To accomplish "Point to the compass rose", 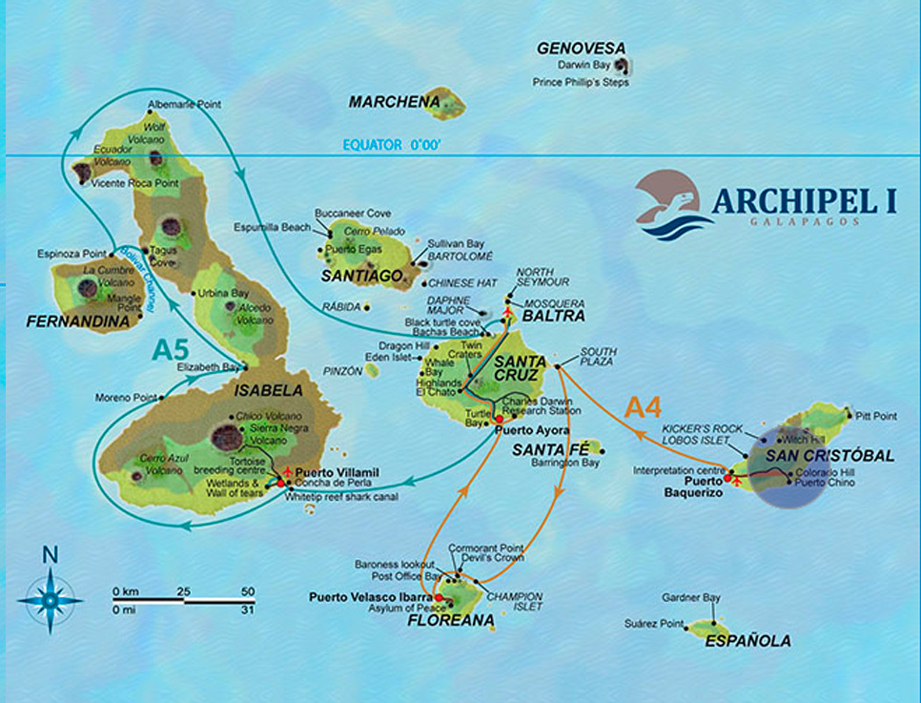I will point(51,597).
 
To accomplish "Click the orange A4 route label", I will point(643,407).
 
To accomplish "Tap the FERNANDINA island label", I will point(78,322).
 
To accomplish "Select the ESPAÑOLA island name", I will point(747,641).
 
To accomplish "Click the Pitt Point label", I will point(876,416).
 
